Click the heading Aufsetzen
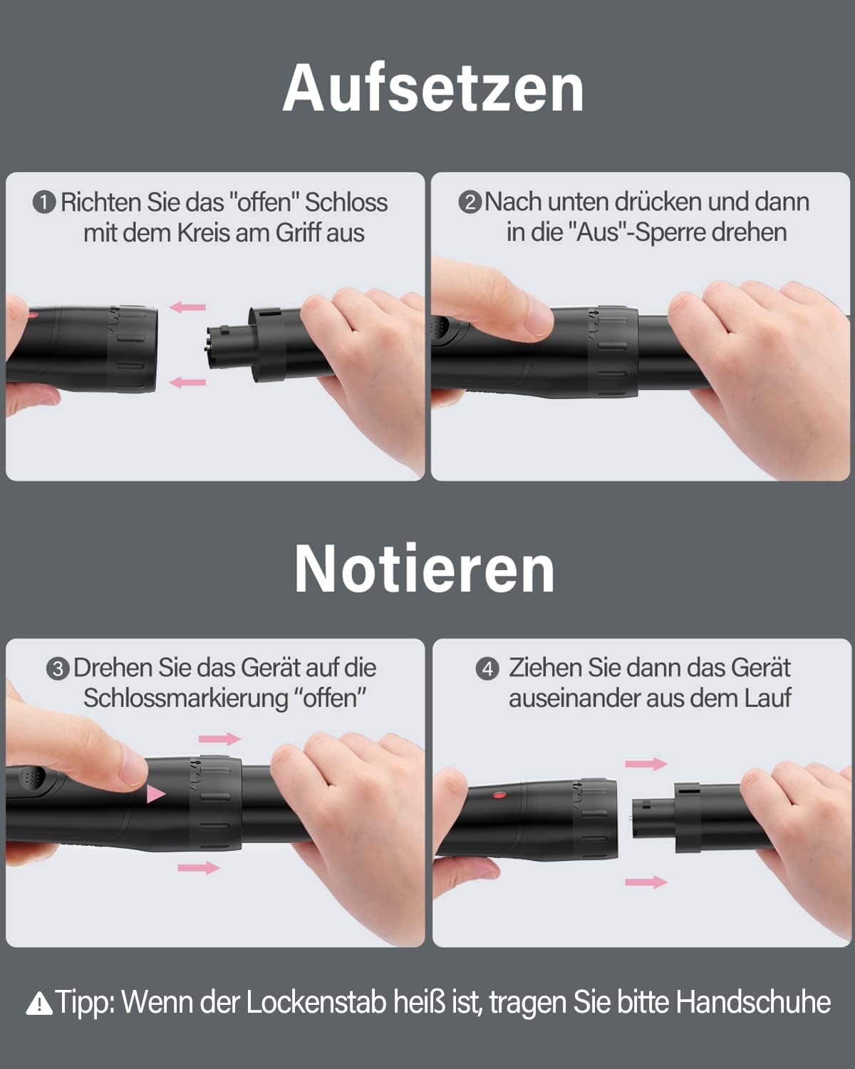tap(433, 88)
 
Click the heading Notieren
tap(425, 569)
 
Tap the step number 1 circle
tap(44, 203)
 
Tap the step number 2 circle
tap(470, 202)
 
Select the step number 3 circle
tap(58, 669)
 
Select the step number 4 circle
tap(487, 669)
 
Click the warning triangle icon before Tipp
tap(38, 1004)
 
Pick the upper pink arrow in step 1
tap(188, 307)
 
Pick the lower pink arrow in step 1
tap(188, 383)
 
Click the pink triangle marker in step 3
tap(155, 793)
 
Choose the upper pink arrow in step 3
tap(219, 739)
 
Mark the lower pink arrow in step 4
tap(646, 882)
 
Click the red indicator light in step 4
tap(499, 795)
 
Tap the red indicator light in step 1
tap(31, 314)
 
